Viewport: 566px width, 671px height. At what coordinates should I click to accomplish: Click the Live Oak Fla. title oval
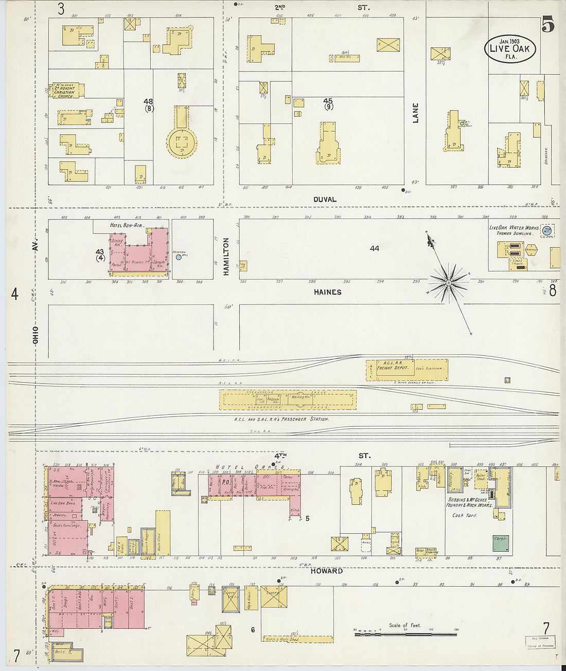click(510, 49)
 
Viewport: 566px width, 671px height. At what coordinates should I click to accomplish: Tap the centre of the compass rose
click(449, 282)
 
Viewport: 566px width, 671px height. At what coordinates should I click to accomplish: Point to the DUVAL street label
click(325, 200)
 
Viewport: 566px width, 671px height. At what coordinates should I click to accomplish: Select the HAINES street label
click(327, 292)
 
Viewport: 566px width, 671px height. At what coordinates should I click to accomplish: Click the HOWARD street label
click(327, 571)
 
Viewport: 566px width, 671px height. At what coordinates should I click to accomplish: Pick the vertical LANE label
click(415, 113)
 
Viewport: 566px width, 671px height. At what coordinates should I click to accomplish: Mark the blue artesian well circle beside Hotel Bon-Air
click(179, 257)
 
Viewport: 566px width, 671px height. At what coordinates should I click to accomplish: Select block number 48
click(148, 102)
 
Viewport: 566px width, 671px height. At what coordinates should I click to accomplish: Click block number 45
click(328, 101)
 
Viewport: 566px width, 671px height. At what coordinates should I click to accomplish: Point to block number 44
click(374, 248)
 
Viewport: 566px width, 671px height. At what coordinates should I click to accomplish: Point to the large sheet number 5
click(547, 24)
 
